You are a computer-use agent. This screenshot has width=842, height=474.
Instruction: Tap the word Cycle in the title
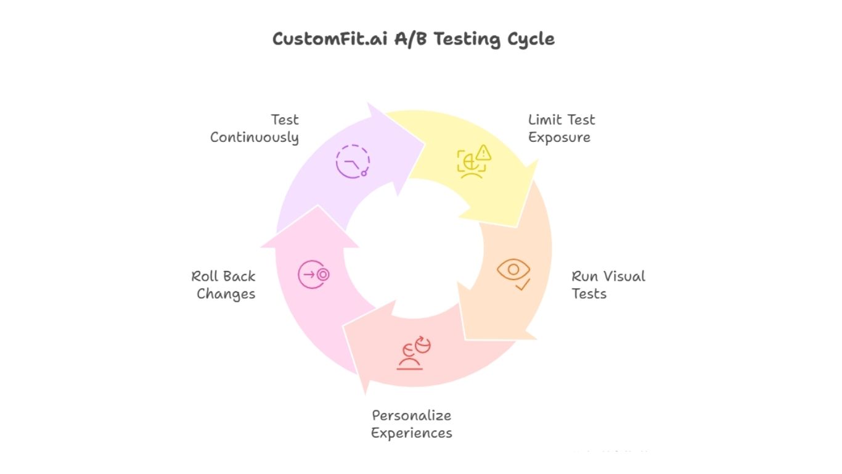pyautogui.click(x=531, y=39)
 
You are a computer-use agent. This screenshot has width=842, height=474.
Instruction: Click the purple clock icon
pyautogui.click(x=353, y=162)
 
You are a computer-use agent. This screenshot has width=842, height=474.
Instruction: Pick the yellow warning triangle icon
pyautogui.click(x=484, y=152)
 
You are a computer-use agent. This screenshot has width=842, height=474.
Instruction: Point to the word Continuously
pyautogui.click(x=254, y=137)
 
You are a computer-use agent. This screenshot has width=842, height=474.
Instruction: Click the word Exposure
pyautogui.click(x=559, y=137)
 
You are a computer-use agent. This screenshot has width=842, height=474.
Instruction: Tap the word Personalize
pyautogui.click(x=411, y=415)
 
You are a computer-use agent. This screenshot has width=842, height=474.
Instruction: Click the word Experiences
pyautogui.click(x=411, y=433)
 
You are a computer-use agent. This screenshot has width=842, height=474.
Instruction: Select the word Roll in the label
pyautogui.click(x=205, y=276)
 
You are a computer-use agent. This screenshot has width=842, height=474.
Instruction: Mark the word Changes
pyautogui.click(x=226, y=294)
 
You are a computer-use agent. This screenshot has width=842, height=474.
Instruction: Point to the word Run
pyautogui.click(x=585, y=276)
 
